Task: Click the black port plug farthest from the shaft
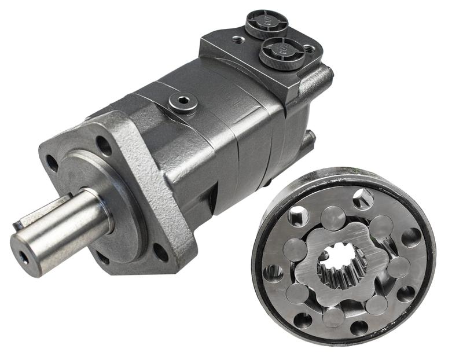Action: click(266, 23)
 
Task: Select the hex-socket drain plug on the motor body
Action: click(183, 102)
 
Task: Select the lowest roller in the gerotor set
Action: click(335, 316)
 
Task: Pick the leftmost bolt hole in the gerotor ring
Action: click(271, 271)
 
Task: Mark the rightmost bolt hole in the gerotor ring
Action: click(411, 236)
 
